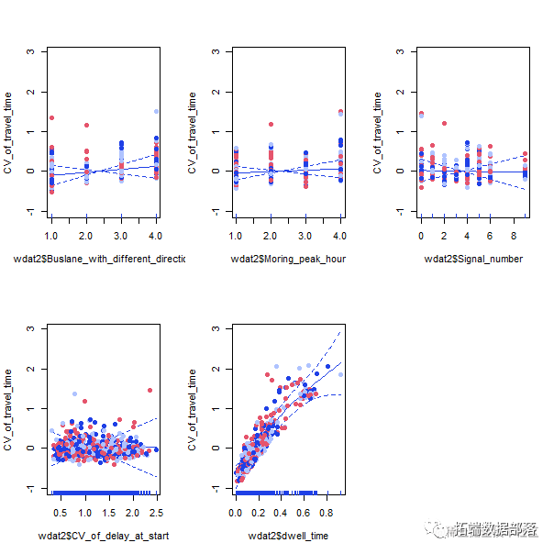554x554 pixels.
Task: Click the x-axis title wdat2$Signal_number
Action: coord(473,260)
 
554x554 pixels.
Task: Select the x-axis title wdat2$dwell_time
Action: coord(288,536)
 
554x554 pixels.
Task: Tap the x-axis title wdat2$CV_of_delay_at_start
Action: coord(104,536)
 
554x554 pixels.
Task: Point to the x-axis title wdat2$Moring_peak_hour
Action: coord(288,260)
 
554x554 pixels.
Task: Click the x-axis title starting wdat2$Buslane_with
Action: coord(99,260)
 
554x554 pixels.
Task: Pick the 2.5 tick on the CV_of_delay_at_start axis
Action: coord(157,513)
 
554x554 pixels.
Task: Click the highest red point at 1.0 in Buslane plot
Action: coord(51,118)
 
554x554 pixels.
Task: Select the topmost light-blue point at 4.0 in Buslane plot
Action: coord(156,112)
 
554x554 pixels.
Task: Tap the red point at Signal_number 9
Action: coord(525,154)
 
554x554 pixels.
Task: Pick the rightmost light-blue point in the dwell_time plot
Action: coord(340,374)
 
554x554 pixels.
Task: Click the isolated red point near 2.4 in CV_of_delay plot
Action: coord(150,390)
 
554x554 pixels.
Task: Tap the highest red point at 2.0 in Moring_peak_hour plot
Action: coord(271,124)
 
